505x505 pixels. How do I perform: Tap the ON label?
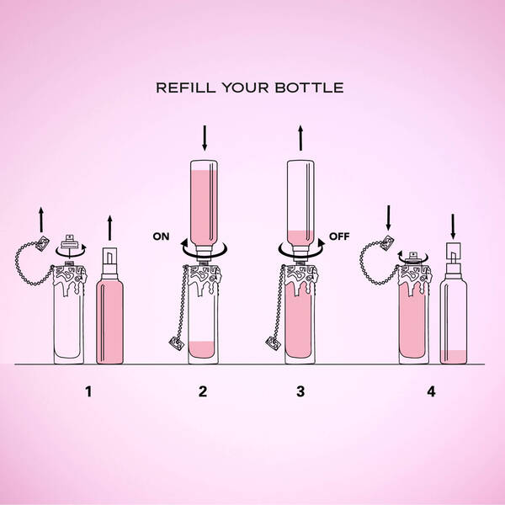point(161,237)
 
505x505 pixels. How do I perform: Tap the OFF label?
point(339,237)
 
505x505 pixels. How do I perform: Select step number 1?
point(88,391)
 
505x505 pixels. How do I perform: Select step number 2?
point(203,391)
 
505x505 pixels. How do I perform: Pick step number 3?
point(300,391)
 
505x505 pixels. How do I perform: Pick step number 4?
point(431,391)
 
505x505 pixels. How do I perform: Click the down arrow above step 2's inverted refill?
point(205,138)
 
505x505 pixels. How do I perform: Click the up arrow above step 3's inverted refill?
point(300,138)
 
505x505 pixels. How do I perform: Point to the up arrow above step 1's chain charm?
point(41,220)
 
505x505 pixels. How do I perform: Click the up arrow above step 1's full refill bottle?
point(109,228)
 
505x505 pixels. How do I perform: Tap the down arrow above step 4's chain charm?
point(388,218)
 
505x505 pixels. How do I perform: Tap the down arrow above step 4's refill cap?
point(453,226)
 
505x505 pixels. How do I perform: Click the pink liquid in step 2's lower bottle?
point(202,349)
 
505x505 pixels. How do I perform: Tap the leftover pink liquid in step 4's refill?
point(454,357)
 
